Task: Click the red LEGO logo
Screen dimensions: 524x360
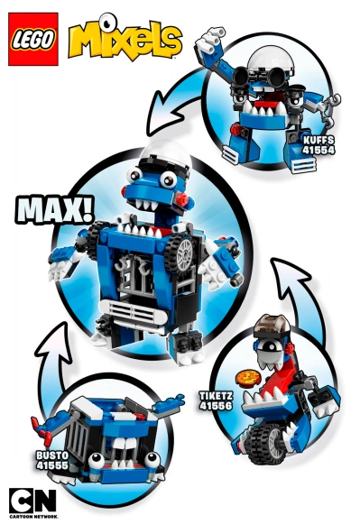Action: pos(32,40)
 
